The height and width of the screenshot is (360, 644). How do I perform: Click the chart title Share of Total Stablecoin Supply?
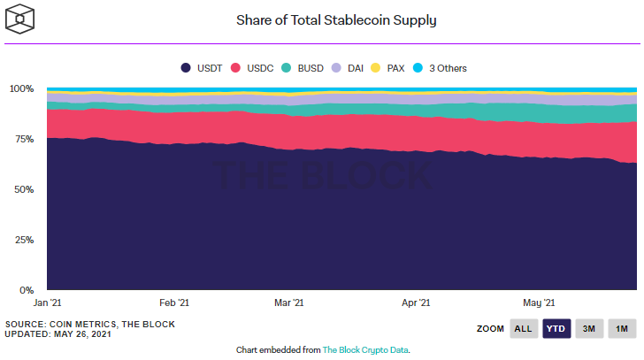[336, 19]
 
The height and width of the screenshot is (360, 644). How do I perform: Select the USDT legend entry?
[202, 68]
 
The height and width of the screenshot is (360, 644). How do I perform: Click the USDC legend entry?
[251, 68]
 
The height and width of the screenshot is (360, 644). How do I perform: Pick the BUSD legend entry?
[303, 68]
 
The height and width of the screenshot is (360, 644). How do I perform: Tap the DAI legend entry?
[351, 68]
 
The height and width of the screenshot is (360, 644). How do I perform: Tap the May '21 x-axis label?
[539, 303]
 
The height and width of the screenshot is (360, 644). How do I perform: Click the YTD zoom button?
[556, 329]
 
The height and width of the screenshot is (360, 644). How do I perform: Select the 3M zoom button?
[588, 329]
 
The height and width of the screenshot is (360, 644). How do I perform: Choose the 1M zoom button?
[622, 329]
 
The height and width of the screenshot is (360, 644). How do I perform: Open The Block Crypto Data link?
[365, 350]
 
